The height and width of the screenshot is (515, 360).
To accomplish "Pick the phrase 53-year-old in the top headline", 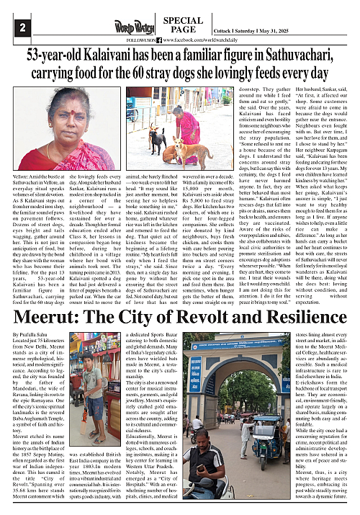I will click(x=62, y=55).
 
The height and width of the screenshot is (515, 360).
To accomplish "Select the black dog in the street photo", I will click(x=156, y=137).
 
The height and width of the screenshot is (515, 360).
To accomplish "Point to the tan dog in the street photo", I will click(x=177, y=148).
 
